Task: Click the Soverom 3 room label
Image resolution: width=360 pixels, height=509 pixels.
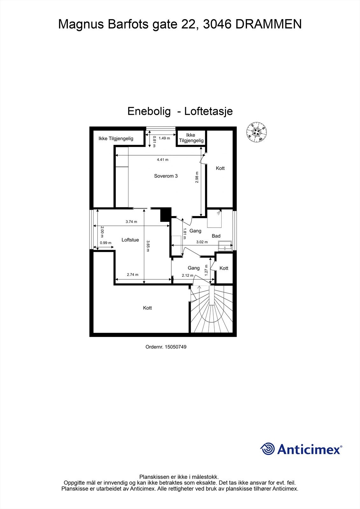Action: (166, 176)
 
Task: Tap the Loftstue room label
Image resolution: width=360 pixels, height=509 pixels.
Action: (130, 240)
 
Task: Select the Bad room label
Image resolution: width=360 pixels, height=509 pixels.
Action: (216, 236)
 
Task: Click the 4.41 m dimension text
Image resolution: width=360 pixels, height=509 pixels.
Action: (163, 160)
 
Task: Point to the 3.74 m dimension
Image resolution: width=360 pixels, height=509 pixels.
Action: (131, 222)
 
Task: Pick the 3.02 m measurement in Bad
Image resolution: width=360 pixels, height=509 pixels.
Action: (202, 242)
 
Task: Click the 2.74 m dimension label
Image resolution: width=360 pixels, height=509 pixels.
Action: (132, 275)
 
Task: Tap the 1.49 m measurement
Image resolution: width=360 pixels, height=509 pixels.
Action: (164, 138)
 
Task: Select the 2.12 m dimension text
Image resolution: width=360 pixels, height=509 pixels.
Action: (187, 275)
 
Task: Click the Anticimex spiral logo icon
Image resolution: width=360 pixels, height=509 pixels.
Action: (267, 449)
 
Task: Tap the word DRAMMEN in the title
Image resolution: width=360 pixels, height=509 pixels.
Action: (268, 24)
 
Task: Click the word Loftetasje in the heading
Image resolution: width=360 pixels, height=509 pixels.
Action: (208, 111)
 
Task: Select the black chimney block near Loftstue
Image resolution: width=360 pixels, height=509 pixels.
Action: (166, 214)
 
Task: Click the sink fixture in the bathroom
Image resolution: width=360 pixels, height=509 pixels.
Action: (225, 246)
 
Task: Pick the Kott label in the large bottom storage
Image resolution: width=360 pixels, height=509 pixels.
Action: (147, 308)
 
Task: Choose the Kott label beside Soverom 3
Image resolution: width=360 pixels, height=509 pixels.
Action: (220, 168)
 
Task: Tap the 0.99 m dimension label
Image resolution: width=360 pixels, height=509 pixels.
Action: (106, 243)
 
